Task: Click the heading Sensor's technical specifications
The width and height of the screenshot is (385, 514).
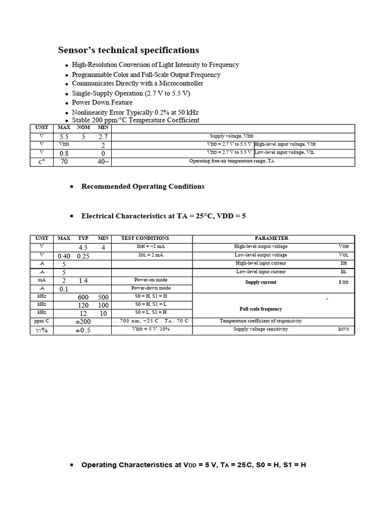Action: point(128,50)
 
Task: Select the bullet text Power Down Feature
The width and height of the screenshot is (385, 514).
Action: point(102,102)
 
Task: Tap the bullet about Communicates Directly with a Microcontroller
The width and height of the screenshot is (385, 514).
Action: point(137,83)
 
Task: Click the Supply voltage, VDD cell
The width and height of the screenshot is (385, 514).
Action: point(231,136)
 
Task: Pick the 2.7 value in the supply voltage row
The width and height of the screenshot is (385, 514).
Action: point(103,137)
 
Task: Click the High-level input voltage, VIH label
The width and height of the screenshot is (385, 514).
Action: point(285,144)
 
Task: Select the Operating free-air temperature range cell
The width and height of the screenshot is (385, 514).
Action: point(232,161)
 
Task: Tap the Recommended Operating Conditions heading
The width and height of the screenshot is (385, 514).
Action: point(143,186)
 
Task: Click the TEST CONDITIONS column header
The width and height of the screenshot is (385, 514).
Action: point(145,238)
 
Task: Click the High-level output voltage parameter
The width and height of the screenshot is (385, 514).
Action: point(261,246)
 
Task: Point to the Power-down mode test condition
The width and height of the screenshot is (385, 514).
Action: point(151,288)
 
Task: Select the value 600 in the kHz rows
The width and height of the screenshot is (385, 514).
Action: point(83,297)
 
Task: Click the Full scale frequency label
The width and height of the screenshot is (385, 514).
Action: point(261,309)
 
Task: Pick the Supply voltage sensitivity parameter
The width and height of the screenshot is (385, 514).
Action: point(261,329)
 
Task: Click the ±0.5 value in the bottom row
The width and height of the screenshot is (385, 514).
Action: point(83,330)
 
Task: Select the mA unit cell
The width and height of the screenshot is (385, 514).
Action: point(42,280)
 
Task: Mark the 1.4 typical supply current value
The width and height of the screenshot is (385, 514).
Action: point(83,281)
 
